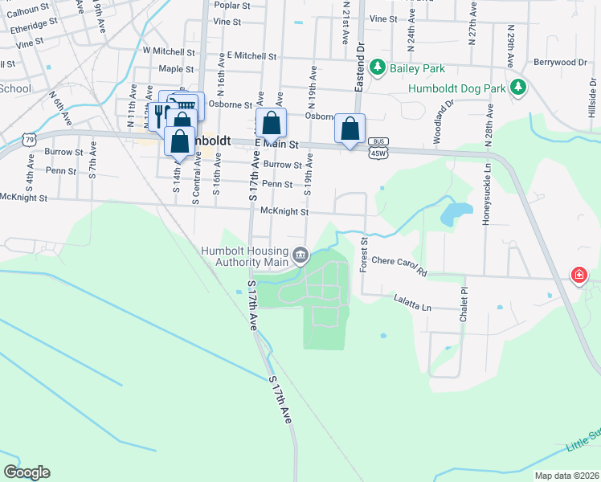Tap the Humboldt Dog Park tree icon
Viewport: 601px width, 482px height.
tap(519, 87)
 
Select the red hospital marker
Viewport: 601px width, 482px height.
tap(579, 276)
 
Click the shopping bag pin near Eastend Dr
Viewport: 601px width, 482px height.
tap(350, 129)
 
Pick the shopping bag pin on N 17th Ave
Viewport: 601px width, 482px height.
tap(272, 124)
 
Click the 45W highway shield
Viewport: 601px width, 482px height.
tap(378, 152)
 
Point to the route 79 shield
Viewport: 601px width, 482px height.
tap(30, 141)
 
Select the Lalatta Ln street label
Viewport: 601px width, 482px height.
tap(412, 307)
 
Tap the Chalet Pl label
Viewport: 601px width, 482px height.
tap(464, 306)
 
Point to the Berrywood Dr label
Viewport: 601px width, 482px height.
tap(560, 62)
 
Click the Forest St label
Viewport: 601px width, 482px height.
tap(364, 253)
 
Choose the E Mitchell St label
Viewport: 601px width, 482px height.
tap(251, 56)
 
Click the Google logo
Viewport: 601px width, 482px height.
tap(27, 472)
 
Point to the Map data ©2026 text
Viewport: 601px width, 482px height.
tap(566, 476)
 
